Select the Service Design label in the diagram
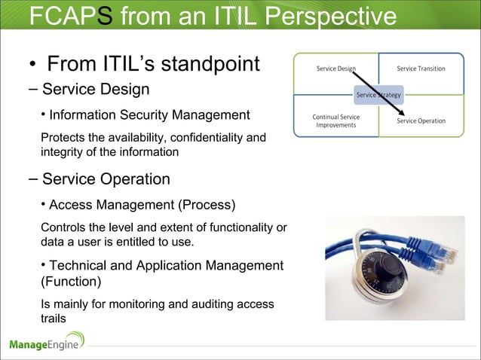335,69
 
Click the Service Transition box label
421,69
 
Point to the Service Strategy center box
378,95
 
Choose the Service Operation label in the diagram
420,121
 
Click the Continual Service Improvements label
335,121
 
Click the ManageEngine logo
47,344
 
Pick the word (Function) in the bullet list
73,282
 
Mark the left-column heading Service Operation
106,179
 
